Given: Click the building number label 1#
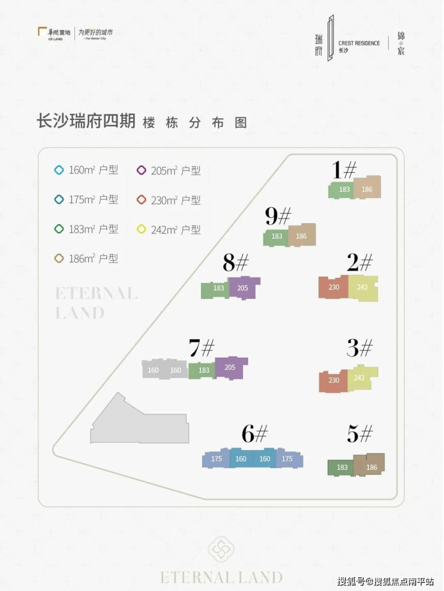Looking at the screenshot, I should [345, 170].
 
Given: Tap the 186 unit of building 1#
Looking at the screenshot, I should [367, 188].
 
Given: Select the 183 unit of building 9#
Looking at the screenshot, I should [276, 236].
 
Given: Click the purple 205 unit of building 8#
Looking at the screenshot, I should [243, 288].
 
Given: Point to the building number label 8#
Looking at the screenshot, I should [235, 263].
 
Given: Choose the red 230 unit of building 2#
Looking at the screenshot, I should [334, 287].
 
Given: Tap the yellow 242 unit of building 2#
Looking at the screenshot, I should [363, 287].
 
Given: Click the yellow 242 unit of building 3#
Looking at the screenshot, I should [361, 378].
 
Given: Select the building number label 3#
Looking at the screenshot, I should [359, 347].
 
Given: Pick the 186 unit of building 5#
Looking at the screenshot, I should [370, 466].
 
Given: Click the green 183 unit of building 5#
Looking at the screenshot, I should [341, 467].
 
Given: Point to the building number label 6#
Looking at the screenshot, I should [254, 433].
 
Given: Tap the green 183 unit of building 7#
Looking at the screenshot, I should [203, 370].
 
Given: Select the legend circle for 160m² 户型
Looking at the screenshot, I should [59, 170].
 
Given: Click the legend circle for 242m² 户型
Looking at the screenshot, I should [141, 229].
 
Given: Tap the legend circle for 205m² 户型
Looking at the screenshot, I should [141, 170].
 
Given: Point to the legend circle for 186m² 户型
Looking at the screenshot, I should [59, 259].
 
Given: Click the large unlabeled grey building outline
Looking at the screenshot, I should [138, 423].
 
